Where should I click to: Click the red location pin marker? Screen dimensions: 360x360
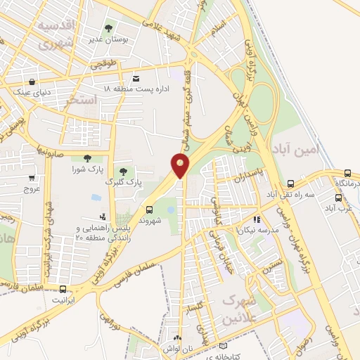pos(180,166)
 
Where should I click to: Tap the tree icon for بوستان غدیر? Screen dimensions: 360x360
pos(108,29)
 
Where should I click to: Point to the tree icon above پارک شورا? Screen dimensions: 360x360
pos(87,159)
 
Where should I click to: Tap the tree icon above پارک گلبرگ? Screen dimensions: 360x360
pos(123,171)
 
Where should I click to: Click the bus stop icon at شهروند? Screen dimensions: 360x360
pos(148,209)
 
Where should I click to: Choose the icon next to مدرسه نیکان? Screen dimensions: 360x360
pos(257,219)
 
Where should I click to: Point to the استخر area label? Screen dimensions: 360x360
pos(80,101)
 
